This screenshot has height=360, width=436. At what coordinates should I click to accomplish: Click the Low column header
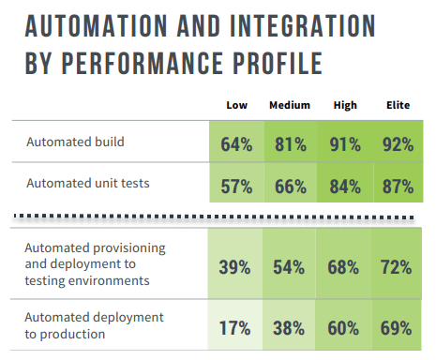pos(237,105)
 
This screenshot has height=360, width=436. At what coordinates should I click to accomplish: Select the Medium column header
pos(290,105)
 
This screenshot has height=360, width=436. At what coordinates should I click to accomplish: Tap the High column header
pos(344,105)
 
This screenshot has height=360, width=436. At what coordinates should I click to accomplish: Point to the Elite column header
pos(398,105)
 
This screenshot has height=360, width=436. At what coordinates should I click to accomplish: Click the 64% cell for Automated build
pos(237,144)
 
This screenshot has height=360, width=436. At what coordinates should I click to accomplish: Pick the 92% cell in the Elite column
pos(398,144)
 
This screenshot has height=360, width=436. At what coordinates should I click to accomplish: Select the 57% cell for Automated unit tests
pos(237,185)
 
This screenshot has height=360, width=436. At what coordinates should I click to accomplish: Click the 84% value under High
pos(344,185)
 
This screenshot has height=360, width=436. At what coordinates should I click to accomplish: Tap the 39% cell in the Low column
pos(237,267)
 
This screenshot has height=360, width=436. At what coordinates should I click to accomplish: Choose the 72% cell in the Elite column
pos(398,267)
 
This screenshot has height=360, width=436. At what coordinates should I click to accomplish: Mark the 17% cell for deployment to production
pos(237,328)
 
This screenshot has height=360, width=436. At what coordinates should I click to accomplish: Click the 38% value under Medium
pos(290,328)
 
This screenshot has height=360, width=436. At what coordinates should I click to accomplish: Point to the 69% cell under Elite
pos(398,328)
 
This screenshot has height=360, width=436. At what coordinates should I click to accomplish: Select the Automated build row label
pos(74,142)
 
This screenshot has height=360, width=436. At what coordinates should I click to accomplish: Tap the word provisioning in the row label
pos(127,247)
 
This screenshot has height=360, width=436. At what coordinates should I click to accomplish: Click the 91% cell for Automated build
pos(344,144)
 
